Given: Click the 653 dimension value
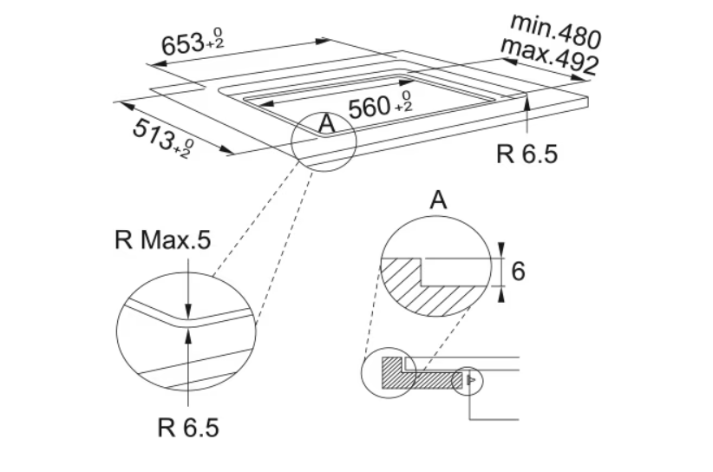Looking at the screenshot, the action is (182, 44).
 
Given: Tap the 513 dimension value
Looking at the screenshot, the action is (153, 135).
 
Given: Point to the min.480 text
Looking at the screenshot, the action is (556, 30).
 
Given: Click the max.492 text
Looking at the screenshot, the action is (549, 56).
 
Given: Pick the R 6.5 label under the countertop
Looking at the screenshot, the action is (527, 154).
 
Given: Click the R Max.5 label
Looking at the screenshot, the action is (163, 239).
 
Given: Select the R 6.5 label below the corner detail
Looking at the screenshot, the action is (188, 428).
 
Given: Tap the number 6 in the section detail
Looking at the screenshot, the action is (519, 271).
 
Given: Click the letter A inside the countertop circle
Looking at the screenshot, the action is (326, 123).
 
